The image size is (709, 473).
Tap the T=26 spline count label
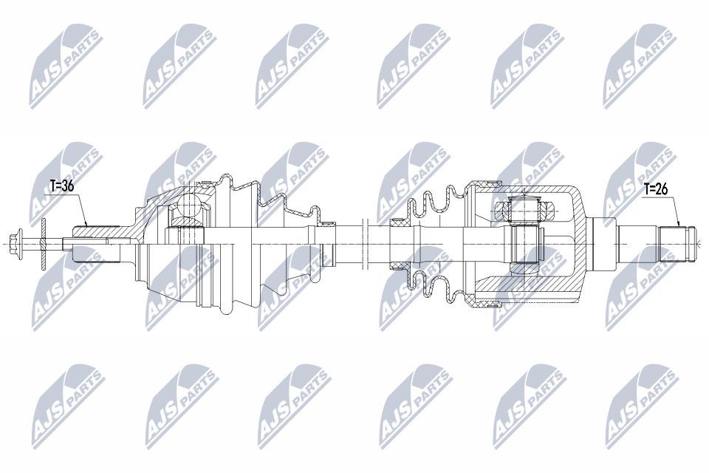point(655,189)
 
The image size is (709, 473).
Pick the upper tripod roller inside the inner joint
point(524,210)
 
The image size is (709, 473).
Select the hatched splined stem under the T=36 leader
point(97,232)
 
